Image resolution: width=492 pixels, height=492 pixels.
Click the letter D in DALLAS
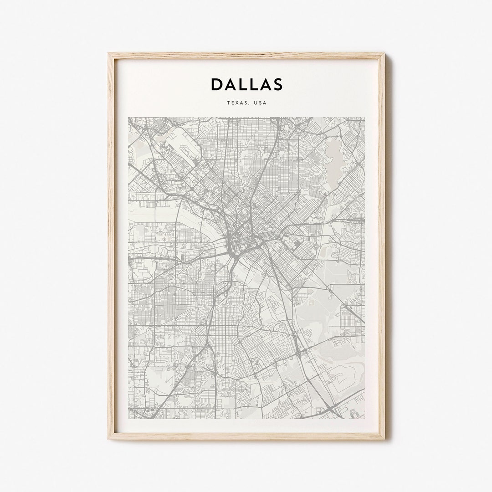point(217,84)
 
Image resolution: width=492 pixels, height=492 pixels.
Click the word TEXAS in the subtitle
point(236,103)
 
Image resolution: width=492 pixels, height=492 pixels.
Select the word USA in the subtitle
point(261,103)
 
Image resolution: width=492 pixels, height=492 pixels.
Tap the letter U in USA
point(256,103)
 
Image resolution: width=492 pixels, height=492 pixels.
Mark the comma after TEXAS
point(249,104)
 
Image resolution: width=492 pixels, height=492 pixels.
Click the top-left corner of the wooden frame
point(109,54)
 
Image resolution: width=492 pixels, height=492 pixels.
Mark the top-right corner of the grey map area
point(364,118)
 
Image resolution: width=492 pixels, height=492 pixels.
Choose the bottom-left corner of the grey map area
point(128,418)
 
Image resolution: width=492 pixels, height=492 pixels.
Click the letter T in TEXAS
point(228,103)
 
